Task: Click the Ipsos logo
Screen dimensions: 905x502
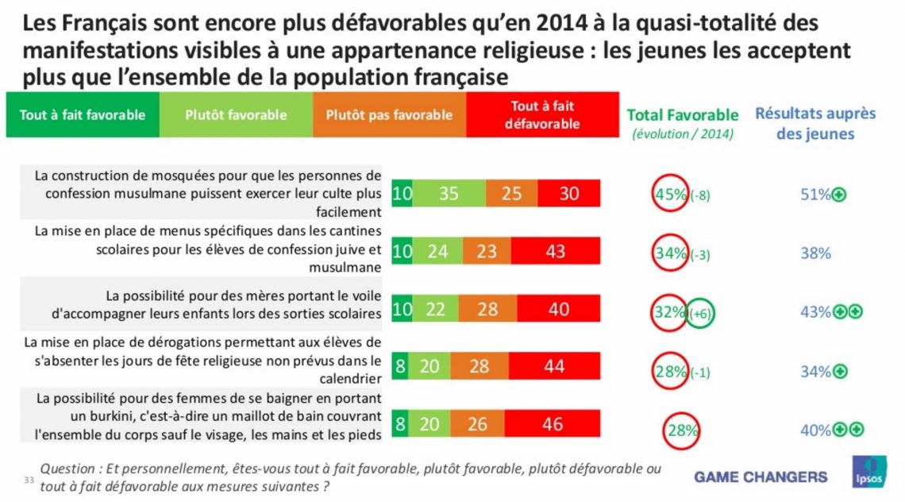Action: tap(868, 472)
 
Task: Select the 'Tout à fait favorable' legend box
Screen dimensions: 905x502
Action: tap(83, 114)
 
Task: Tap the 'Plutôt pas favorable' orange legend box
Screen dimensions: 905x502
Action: tap(389, 114)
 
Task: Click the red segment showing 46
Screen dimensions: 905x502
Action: tap(553, 424)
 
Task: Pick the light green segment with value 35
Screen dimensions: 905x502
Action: tap(449, 193)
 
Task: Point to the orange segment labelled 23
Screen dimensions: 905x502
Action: tap(487, 251)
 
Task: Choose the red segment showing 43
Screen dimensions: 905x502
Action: tap(555, 251)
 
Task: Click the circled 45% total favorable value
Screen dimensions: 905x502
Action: tap(670, 194)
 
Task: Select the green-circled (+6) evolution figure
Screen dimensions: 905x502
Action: tap(701, 314)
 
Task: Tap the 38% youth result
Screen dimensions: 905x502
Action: tap(815, 253)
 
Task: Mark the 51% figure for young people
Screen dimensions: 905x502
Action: tap(815, 195)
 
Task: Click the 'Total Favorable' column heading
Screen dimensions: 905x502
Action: tap(683, 115)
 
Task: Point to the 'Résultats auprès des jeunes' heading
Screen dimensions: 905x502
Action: tap(815, 123)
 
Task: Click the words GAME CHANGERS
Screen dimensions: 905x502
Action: tap(761, 477)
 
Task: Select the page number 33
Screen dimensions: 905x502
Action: tap(29, 480)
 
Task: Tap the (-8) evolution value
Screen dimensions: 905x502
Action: tap(700, 195)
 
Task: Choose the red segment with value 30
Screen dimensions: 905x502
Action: tap(569, 193)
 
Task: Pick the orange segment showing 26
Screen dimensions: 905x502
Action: tap(477, 424)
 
